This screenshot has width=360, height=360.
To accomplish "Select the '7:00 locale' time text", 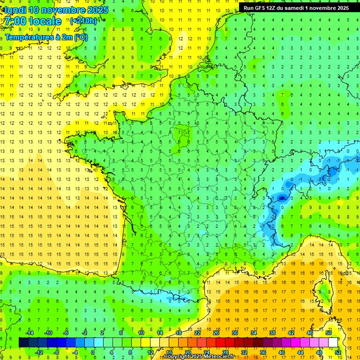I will click(x=33, y=21).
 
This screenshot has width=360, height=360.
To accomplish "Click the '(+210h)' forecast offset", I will click(x=83, y=21).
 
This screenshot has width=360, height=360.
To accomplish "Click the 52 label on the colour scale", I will click(x=338, y=352).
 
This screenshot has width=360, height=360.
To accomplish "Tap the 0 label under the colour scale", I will click(x=93, y=352).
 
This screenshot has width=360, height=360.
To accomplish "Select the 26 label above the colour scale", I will click(x=216, y=332).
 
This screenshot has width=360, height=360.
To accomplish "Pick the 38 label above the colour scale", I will click(x=272, y=332).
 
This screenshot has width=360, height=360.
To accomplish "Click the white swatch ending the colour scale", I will click(x=333, y=342).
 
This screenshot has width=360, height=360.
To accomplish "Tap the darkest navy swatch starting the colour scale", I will click(x=23, y=342).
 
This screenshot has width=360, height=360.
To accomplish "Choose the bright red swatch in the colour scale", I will click(x=220, y=342).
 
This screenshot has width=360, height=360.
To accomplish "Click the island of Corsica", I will click(x=323, y=291).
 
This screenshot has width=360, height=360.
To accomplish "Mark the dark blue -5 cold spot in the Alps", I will click(x=282, y=198).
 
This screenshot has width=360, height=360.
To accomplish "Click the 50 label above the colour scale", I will click(x=328, y=332).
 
